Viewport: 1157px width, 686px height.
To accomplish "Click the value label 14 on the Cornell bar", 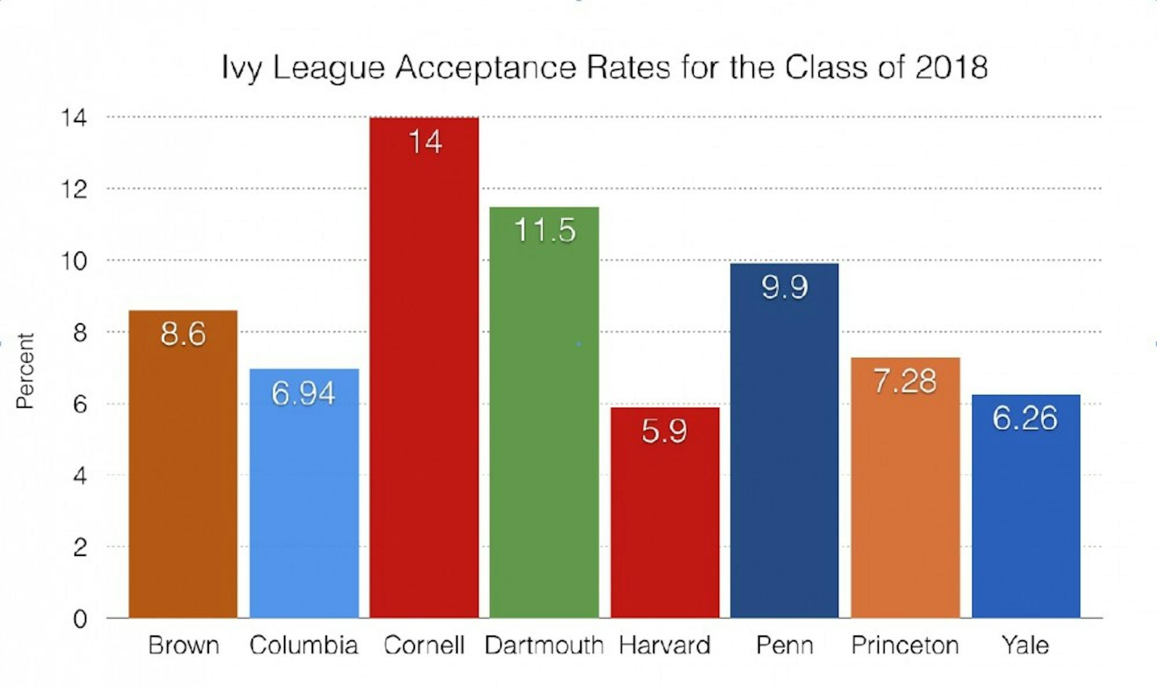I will pos(425,142).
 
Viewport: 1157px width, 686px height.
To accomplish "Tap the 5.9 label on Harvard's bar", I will pos(664,431).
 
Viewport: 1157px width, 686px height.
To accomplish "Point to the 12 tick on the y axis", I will pos(74,190).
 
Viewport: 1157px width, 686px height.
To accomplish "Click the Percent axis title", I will pos(25,371).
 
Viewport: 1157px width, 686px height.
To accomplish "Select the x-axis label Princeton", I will pos(905,645).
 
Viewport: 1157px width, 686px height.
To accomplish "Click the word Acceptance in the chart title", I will pos(486,68).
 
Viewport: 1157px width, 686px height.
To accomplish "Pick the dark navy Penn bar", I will pos(784,463).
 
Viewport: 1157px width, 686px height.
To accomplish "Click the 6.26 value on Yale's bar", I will pos(1025,418).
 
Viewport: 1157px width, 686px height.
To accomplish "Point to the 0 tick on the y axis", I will pos(80,619).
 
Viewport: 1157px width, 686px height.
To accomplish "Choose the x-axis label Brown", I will pos(183,645).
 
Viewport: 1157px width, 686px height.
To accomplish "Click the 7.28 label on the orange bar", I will pos(905,381).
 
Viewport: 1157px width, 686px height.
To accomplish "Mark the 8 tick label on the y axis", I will pos(80,333).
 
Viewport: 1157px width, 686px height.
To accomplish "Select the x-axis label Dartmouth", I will pos(544,645).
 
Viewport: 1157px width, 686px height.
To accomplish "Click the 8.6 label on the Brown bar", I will pos(183,334).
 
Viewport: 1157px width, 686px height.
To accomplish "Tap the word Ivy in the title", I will pos(242,69).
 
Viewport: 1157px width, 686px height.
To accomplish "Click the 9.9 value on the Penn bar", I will pos(784,287).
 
